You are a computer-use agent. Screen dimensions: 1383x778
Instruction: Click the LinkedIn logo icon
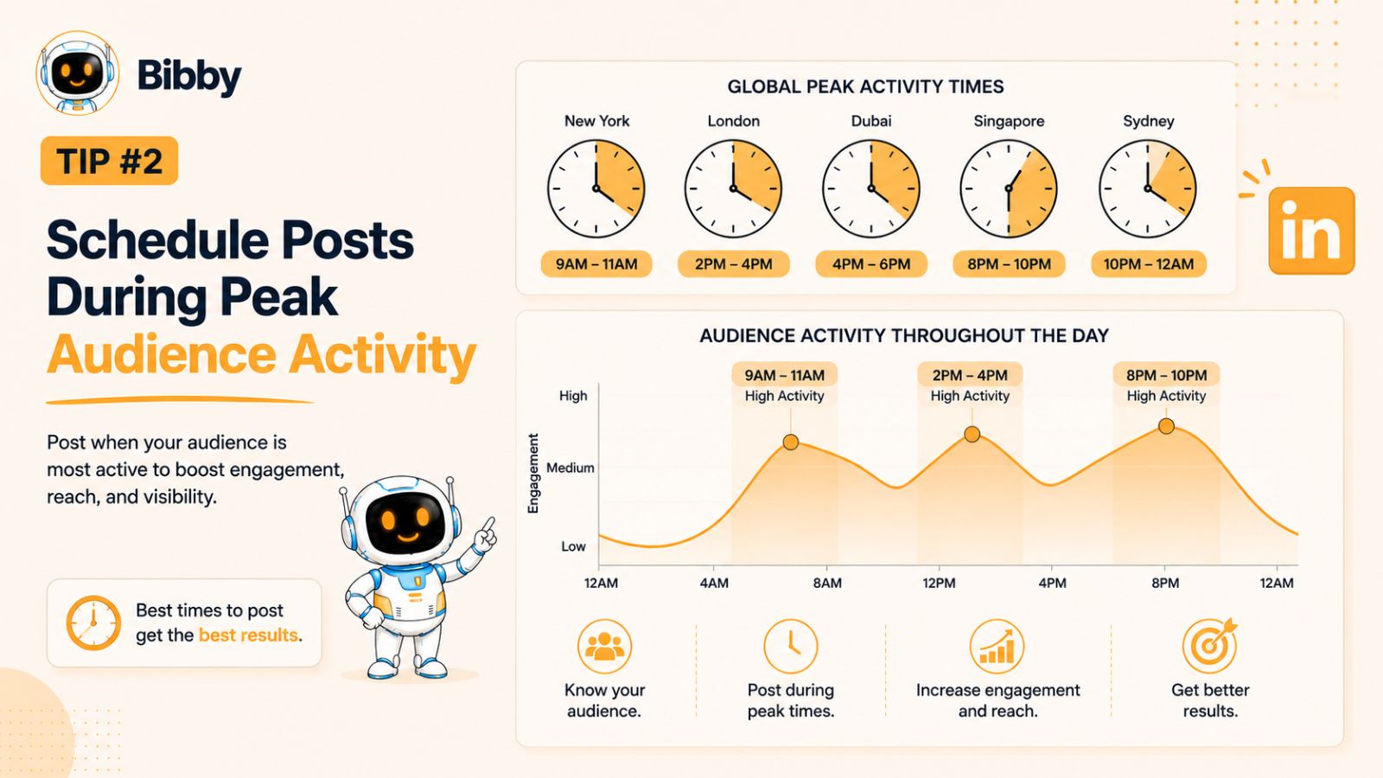coord(1311,230)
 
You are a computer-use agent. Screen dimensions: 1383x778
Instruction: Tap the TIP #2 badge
coord(109,161)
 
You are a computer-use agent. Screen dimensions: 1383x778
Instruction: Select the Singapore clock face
coord(1008,188)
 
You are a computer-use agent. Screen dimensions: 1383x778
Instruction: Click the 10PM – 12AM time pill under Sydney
coord(1149,265)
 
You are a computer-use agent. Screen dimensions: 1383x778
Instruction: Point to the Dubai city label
coord(871,121)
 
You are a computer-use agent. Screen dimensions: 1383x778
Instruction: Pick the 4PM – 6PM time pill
coord(871,265)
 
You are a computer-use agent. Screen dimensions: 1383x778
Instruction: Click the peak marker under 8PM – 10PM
coord(1166,426)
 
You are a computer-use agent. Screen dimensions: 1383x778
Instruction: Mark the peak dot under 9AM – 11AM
coord(791,442)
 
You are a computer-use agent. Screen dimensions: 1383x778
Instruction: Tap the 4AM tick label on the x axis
coord(714,583)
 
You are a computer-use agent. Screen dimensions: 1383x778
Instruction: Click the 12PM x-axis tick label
coord(939,583)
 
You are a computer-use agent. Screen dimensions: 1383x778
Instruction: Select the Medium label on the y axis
coord(570,468)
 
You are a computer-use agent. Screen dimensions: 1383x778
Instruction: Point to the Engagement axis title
coord(533,474)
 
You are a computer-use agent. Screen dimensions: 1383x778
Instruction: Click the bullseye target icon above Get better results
coord(1210,645)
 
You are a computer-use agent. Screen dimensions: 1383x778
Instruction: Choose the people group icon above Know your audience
coord(604,647)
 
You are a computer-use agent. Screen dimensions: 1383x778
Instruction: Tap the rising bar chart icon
coord(997,647)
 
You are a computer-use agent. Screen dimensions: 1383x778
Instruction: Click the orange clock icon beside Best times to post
coord(93,622)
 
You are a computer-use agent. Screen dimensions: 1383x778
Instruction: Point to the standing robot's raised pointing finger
coord(490,524)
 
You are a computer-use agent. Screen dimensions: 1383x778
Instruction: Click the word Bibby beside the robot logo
coord(189,77)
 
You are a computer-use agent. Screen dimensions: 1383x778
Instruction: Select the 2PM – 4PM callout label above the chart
coord(970,375)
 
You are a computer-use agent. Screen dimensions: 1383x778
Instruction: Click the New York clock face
coord(596,188)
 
